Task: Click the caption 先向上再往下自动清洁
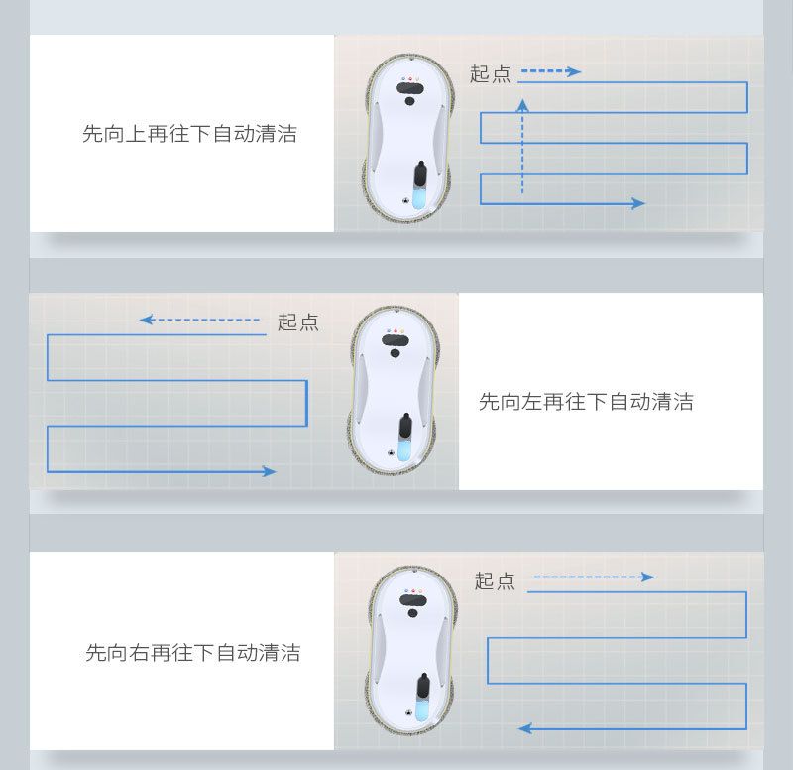click(x=189, y=134)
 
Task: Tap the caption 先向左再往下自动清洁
click(x=586, y=402)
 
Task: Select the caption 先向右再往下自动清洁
click(x=193, y=653)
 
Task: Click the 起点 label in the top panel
click(x=490, y=73)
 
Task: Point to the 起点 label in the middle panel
click(x=298, y=321)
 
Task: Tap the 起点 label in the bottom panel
click(x=495, y=580)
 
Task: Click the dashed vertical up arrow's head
click(x=522, y=105)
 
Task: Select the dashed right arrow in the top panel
click(x=551, y=71)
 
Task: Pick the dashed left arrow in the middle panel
click(x=199, y=320)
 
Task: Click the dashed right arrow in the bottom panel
click(x=594, y=577)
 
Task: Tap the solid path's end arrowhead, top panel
click(x=638, y=203)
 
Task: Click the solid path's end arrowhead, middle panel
click(x=270, y=471)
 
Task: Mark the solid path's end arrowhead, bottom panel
click(x=525, y=728)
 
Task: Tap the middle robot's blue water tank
click(x=404, y=449)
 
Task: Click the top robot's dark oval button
click(x=410, y=88)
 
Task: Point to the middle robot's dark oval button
click(x=396, y=340)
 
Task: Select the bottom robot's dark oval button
click(x=413, y=600)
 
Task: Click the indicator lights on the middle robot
click(x=396, y=331)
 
